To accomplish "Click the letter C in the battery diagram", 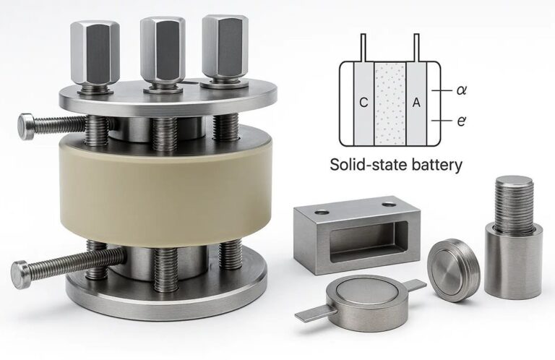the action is click(x=363, y=103).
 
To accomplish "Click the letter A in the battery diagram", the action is click(x=416, y=103).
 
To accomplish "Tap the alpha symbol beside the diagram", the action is click(x=461, y=90).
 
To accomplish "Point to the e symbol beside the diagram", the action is click(x=461, y=121).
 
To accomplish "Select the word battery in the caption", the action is click(x=437, y=166).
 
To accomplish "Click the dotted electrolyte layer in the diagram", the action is click(x=390, y=103).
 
